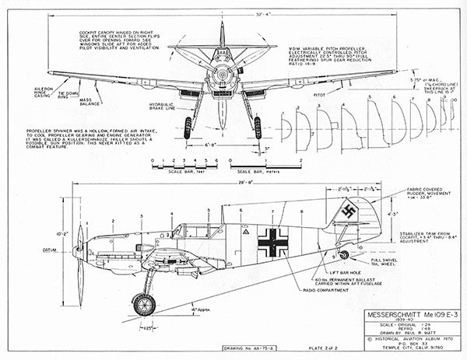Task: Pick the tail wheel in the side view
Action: (343, 255)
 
